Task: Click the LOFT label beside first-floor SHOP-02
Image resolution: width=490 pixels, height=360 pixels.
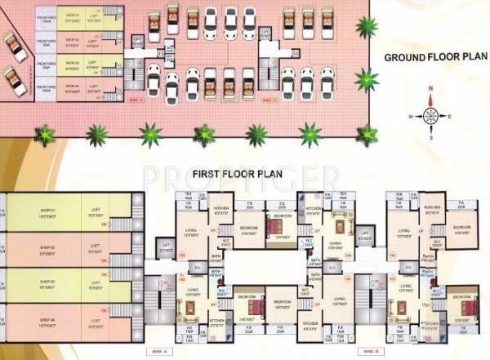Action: point(96,248)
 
